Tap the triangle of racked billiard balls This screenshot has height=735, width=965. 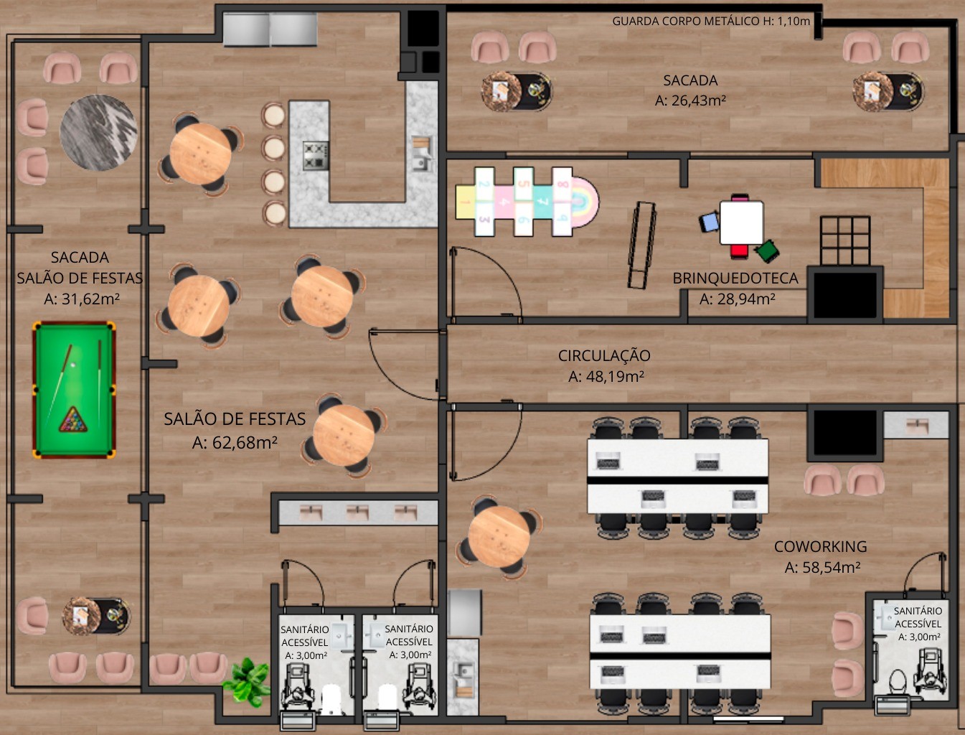click(x=73, y=420)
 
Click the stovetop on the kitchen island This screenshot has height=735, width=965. click(x=315, y=156)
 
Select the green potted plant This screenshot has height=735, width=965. click(x=247, y=681)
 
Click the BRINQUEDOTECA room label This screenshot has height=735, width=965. click(x=735, y=278)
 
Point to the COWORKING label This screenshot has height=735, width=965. click(x=820, y=547)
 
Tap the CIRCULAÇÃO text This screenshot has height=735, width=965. click(x=604, y=355)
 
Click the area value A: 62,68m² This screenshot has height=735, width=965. click(x=235, y=442)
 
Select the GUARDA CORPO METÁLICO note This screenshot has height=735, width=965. click(x=711, y=21)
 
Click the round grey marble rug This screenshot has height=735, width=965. click(x=98, y=132)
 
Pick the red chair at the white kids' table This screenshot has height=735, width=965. click(x=740, y=251)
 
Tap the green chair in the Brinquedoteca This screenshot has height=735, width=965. click(x=768, y=251)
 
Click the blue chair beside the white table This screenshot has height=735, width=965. click(x=708, y=222)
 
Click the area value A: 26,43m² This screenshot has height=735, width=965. click(x=690, y=100)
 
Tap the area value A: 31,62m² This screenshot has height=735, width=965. click(x=82, y=299)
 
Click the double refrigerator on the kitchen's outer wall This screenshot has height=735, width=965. click(x=270, y=29)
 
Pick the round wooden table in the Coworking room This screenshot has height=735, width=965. click(x=499, y=536)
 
